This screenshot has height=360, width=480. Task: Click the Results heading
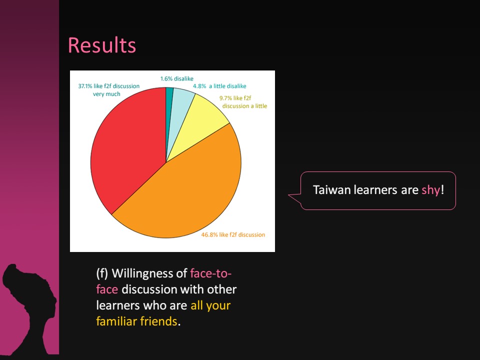[x=101, y=45]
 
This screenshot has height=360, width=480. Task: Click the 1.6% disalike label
[x=177, y=78]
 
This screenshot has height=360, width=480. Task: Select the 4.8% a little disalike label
[x=219, y=86]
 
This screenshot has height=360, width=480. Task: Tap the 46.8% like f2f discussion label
[x=233, y=235]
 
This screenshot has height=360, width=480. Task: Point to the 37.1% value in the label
[x=85, y=86]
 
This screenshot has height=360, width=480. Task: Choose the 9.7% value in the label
[x=225, y=98]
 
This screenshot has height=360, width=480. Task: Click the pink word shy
[x=430, y=190]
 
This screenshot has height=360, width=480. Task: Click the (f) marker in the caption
[x=102, y=273]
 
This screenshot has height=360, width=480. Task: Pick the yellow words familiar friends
[x=136, y=321]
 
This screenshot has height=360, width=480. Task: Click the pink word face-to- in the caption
[x=211, y=273]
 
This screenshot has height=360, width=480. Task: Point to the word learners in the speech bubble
[x=375, y=190]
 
